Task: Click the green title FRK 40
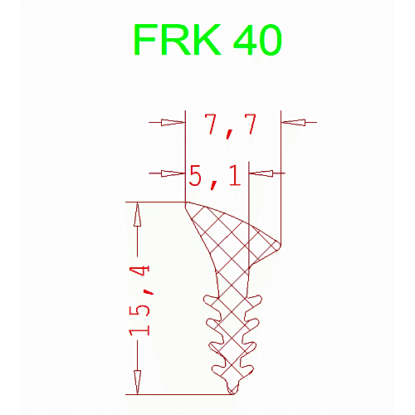click(207, 40)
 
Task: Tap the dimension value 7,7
click(230, 126)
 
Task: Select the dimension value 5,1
click(215, 177)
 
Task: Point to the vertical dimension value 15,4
click(139, 300)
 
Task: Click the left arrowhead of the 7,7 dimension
click(173, 122)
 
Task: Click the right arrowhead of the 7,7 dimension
click(293, 122)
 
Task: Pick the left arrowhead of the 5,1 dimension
click(173, 173)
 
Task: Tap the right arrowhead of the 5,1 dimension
click(261, 173)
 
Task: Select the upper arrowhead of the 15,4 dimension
click(137, 214)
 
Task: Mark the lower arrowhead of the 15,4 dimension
click(137, 383)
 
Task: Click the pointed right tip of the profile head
click(281, 245)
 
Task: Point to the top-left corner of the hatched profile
click(186, 203)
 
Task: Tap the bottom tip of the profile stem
click(232, 393)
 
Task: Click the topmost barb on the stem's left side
click(208, 300)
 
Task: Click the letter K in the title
click(205, 40)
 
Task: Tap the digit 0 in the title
click(269, 40)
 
